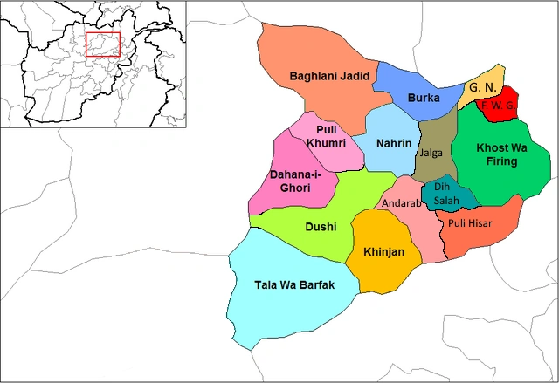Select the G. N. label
point(482,88)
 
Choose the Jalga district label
point(431,153)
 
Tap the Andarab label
point(401,203)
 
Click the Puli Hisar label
point(470,223)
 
